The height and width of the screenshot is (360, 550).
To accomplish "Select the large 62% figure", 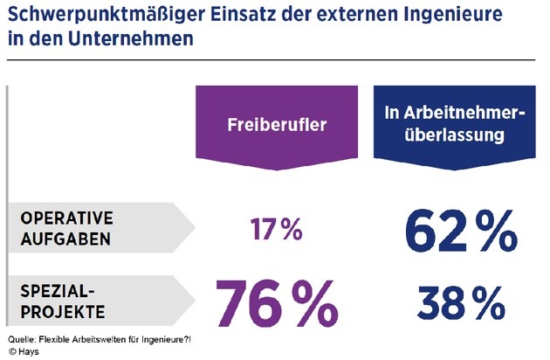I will point(447,230).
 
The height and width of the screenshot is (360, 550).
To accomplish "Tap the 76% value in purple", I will point(276,301).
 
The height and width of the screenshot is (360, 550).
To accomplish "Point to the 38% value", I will point(449,301).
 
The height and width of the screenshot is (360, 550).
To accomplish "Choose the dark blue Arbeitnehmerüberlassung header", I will point(448,125).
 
